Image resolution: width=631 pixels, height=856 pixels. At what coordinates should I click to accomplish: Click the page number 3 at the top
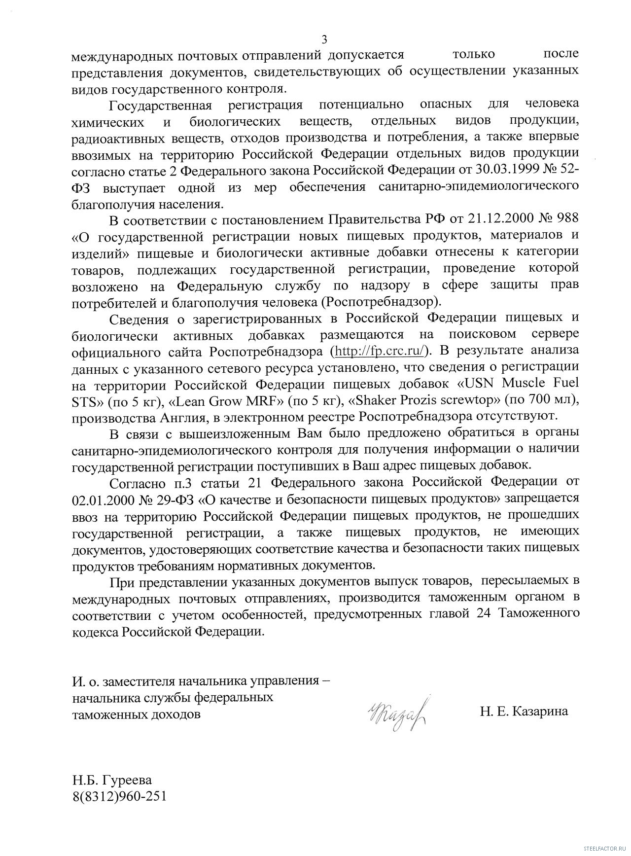coord(324,39)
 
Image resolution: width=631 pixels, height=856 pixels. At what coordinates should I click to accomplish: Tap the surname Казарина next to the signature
coord(540,712)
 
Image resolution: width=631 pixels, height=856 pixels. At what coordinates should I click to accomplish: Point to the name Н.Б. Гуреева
coord(112,780)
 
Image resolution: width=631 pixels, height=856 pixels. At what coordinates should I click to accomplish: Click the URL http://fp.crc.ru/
coord(379,351)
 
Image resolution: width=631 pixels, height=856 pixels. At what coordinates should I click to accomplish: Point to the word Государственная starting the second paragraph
coord(160,105)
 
